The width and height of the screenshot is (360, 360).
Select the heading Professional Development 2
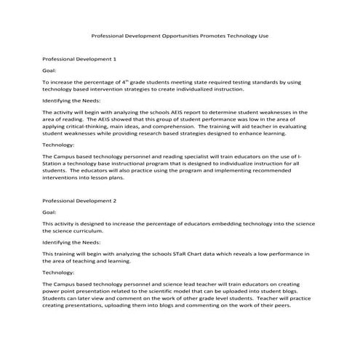click(x=79, y=200)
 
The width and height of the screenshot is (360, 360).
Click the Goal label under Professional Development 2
click(x=49, y=212)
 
